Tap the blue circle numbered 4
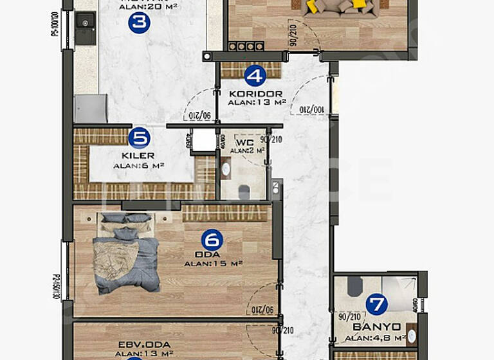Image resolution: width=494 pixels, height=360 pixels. [255, 76]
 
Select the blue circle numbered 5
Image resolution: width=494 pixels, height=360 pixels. [139, 138]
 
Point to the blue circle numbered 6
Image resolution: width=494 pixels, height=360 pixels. [212, 240]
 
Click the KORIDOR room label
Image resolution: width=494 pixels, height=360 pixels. [255, 93]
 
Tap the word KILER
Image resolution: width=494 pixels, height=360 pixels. [138, 156]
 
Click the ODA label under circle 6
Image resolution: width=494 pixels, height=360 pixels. [212, 255]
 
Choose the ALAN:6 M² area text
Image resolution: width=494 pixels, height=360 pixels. [138, 165]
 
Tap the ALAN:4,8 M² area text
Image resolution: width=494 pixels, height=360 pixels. [375, 337]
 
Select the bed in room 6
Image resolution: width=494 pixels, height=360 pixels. [126, 253]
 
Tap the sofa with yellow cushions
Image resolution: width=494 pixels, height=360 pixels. [337, 6]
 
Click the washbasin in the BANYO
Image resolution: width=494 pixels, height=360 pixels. [410, 336]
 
